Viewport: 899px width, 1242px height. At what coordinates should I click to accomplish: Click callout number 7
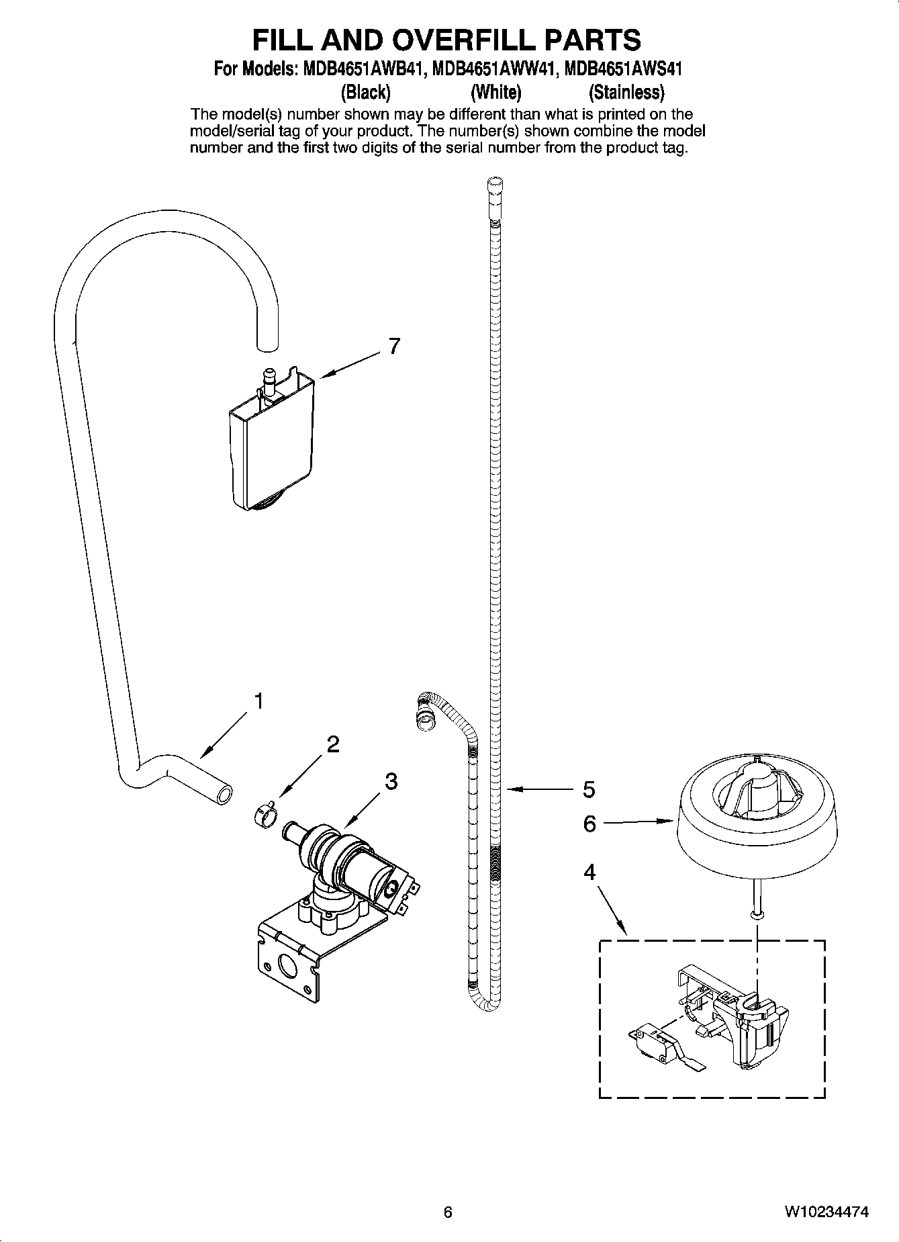coord(394,347)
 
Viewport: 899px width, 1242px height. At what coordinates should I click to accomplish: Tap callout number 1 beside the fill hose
coord(258,701)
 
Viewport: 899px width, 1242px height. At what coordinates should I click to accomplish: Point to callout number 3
coord(391,781)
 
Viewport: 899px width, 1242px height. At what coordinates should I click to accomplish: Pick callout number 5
coord(589,789)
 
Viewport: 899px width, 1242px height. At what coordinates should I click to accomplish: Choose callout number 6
coord(589,824)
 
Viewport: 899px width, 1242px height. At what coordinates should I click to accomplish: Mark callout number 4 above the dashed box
coord(589,873)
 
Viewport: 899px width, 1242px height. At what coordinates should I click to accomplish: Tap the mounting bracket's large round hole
coord(289,968)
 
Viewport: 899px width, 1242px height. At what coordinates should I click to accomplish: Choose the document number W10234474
coord(826,1212)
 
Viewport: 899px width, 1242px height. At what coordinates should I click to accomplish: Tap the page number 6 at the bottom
coord(448,1212)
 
